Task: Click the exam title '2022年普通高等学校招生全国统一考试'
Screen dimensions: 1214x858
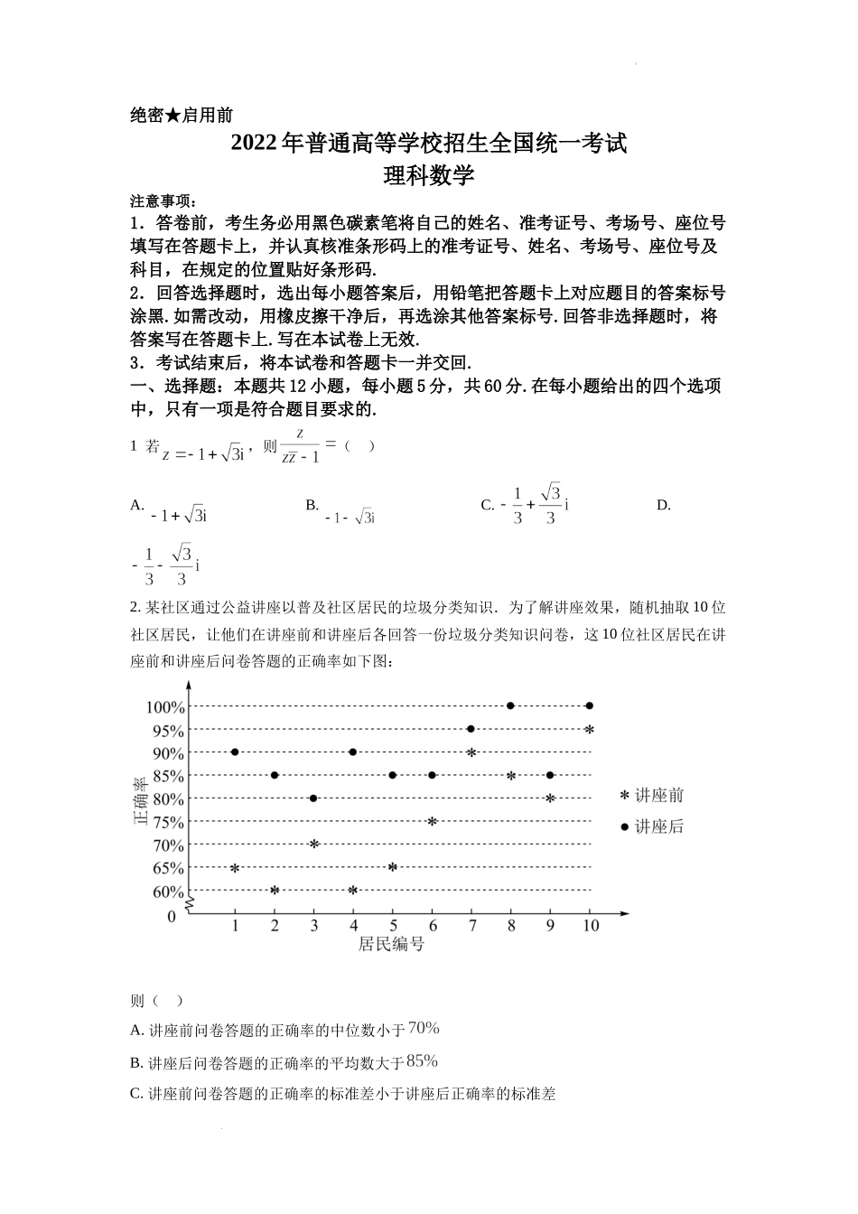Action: click(x=428, y=144)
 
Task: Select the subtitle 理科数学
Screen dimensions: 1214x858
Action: click(x=428, y=175)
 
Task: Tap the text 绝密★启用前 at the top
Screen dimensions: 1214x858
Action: click(x=182, y=115)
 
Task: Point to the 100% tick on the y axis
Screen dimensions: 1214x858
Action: click(x=165, y=707)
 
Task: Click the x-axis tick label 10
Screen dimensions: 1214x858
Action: click(x=590, y=926)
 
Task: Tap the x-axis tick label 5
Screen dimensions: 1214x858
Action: click(x=393, y=926)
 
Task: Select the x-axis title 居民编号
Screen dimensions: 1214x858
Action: click(x=391, y=945)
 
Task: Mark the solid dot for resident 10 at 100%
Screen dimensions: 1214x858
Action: click(x=590, y=705)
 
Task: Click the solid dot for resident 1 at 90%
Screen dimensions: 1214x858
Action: click(x=235, y=752)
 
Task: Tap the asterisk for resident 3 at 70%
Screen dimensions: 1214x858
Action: click(x=313, y=844)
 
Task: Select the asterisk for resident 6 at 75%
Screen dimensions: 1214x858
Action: click(x=432, y=821)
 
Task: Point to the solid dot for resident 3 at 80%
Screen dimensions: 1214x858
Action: click(x=313, y=798)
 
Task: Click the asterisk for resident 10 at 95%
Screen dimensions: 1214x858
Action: click(x=590, y=729)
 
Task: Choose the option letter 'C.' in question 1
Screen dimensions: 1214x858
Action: click(x=487, y=505)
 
